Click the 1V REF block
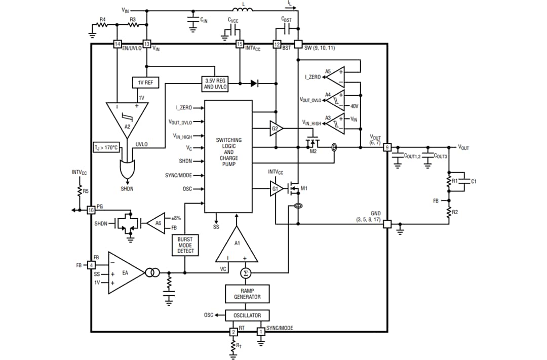[x=145, y=83]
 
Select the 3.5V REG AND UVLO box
[x=215, y=84]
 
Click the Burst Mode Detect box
[x=185, y=245]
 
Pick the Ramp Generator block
[x=247, y=294]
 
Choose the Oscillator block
[x=247, y=315]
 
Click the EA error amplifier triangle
[x=124, y=273]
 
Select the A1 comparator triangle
[x=237, y=247]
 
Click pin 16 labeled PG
[x=91, y=210]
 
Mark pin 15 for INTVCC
[x=240, y=45]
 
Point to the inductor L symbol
[x=243, y=10]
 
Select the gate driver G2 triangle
[x=275, y=129]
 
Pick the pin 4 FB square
[x=92, y=265]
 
